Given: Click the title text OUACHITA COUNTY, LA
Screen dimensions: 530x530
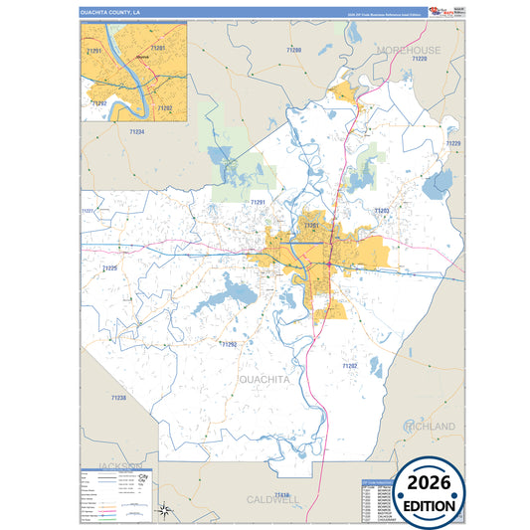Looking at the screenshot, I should [111, 12].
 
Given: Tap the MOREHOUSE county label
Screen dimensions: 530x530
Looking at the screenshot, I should [408, 50].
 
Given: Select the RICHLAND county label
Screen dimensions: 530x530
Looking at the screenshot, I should [429, 427].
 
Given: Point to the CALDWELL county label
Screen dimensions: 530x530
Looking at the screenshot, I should [272, 500].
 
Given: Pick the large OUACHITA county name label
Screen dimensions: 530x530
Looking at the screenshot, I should [265, 379].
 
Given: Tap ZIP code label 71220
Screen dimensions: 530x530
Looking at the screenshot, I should [419, 60].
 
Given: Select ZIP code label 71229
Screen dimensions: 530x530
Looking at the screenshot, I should [452, 144].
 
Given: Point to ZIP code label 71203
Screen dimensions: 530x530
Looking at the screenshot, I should [382, 211].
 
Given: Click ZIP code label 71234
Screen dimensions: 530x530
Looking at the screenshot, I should [136, 131].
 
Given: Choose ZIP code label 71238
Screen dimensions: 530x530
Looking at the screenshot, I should [118, 398].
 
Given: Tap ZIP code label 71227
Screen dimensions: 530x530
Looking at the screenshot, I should [87, 211].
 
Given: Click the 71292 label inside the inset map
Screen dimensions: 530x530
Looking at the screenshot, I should [98, 102].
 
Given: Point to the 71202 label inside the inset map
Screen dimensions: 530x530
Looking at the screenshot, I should [165, 107].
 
